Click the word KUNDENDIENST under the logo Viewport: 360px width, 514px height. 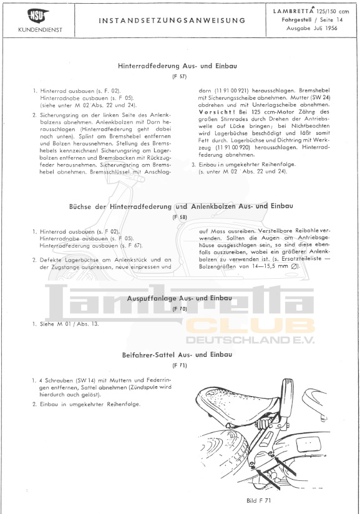click(40, 30)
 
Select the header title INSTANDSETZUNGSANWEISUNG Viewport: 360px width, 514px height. click(172, 21)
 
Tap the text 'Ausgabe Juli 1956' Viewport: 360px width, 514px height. click(311, 28)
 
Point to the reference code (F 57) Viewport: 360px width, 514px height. click(179, 77)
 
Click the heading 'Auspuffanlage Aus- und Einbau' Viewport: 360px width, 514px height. click(179, 298)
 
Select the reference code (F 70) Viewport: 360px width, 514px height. click(180, 309)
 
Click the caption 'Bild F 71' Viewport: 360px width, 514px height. click(259, 500)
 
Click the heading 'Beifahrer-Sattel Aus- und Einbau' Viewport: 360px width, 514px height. click(177, 355)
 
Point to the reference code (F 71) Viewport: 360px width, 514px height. click(180, 366)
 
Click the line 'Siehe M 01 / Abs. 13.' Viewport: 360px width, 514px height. click(69, 324)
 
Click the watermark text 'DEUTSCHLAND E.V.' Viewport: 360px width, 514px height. click(250, 340)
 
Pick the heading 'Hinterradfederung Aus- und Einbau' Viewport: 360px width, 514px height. click(177, 66)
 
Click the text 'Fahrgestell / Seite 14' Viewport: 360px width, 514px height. click(312, 20)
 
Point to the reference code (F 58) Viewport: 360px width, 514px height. click(180, 217)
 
